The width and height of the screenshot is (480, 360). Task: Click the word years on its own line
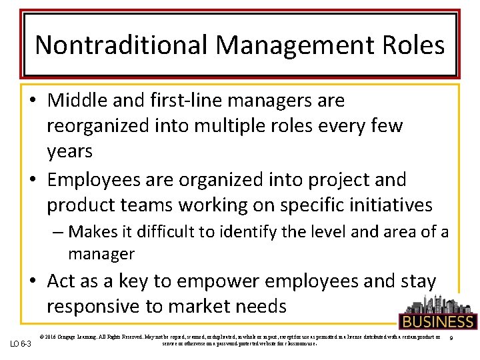pyautogui.click(x=69, y=151)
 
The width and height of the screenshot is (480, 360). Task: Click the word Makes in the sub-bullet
pyautogui.click(x=93, y=232)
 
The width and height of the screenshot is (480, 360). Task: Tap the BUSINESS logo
pyautogui.click(x=437, y=313)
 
